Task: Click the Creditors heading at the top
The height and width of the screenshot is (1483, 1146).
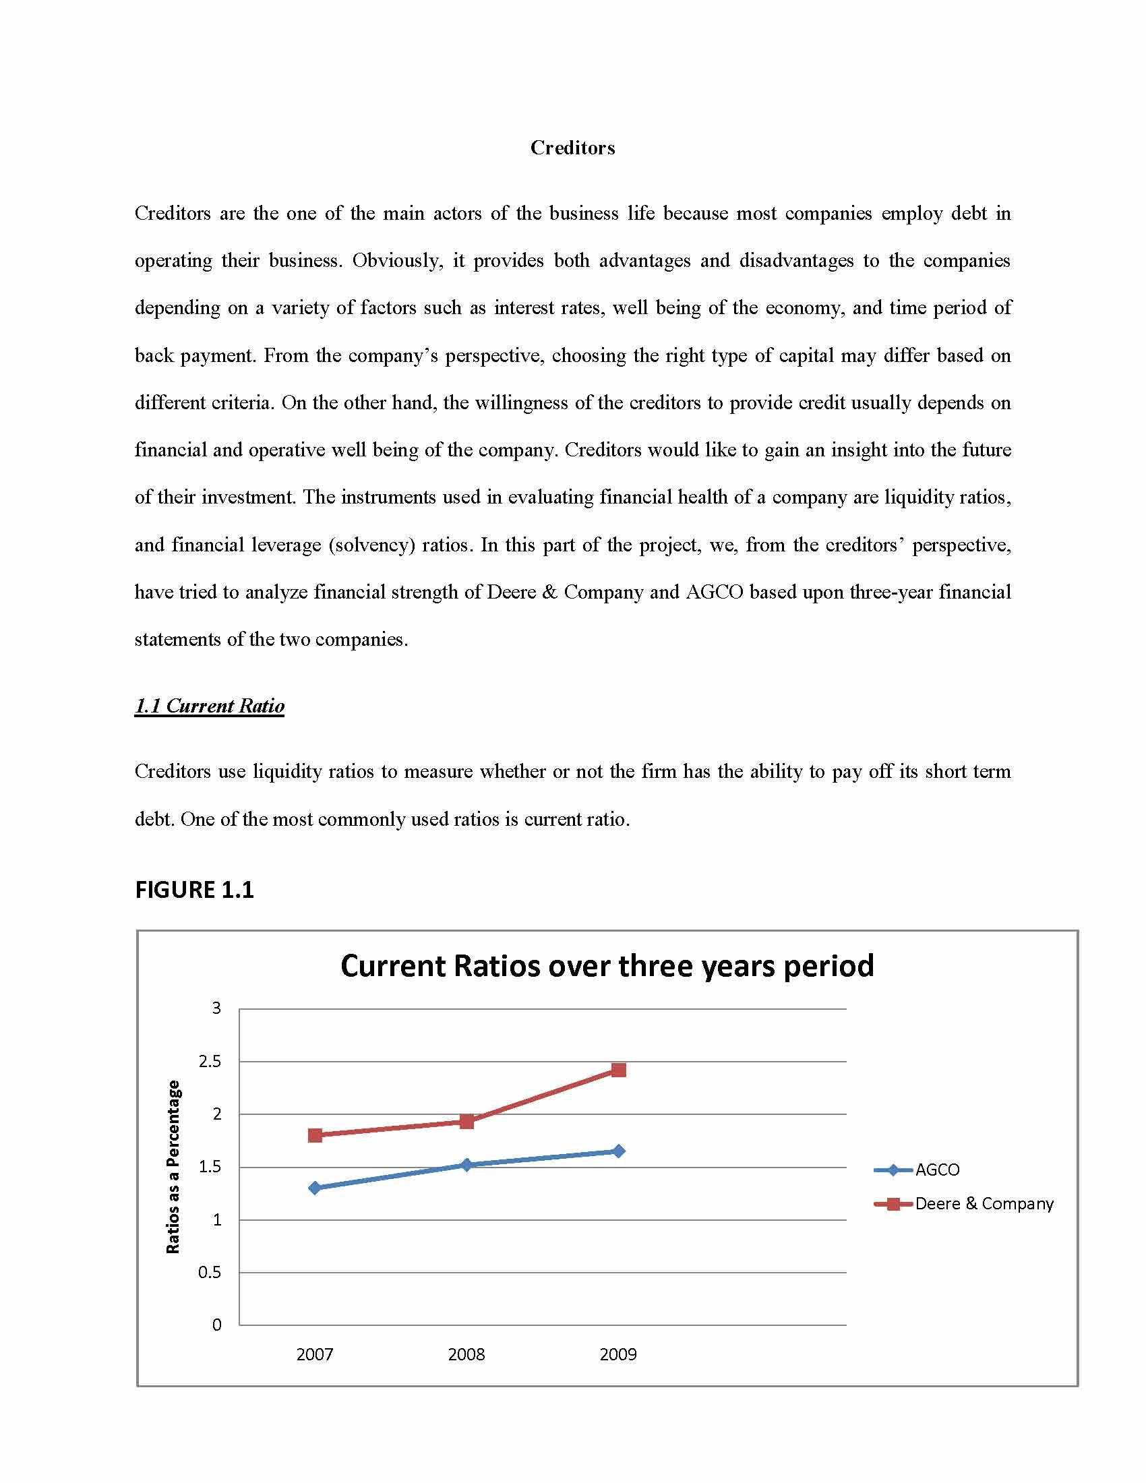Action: click(x=572, y=148)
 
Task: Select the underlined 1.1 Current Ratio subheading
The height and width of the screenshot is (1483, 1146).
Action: click(x=209, y=706)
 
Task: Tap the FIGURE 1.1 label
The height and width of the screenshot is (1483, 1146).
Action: click(x=194, y=890)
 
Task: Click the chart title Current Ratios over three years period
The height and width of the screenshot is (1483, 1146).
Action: click(x=607, y=965)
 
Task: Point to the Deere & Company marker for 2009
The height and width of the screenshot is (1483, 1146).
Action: click(x=618, y=1070)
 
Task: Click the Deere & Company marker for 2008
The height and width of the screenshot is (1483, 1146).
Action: click(x=466, y=1121)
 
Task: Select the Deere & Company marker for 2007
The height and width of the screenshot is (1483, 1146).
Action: click(x=315, y=1135)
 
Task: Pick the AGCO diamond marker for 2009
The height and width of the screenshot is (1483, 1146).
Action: click(x=618, y=1151)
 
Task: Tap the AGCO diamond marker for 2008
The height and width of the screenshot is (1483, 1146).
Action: click(x=466, y=1165)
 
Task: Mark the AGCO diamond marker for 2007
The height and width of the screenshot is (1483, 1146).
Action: click(x=315, y=1188)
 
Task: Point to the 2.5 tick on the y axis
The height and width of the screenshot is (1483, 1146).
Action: click(x=210, y=1061)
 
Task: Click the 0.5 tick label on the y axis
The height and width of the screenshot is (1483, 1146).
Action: click(x=210, y=1272)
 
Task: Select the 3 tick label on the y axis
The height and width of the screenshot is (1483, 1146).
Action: click(x=216, y=1008)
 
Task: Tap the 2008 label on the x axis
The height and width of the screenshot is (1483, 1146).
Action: click(x=466, y=1355)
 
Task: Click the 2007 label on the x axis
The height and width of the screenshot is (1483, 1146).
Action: click(x=315, y=1355)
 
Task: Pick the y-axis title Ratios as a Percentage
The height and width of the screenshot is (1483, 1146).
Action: click(x=174, y=1167)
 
